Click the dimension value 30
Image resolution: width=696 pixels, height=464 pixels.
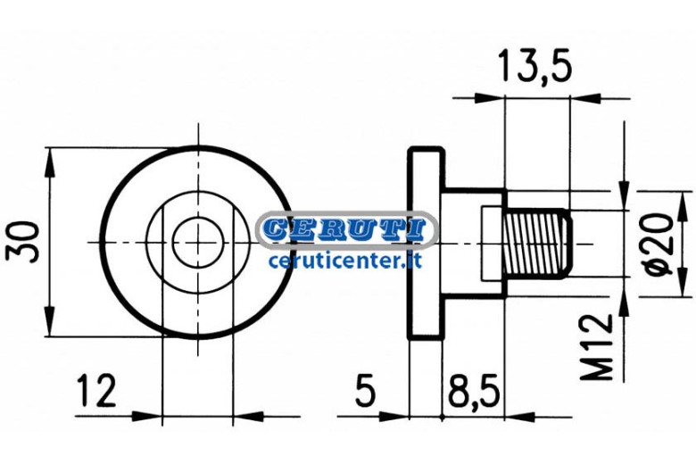click(x=22, y=242)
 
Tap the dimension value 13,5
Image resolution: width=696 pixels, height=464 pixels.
click(x=535, y=66)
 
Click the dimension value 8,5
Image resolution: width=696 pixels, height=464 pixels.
click(x=474, y=391)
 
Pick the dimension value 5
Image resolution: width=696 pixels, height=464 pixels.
click(x=365, y=391)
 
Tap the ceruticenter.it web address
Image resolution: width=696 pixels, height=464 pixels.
click(x=345, y=261)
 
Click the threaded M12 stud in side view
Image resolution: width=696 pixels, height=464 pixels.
click(x=538, y=244)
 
